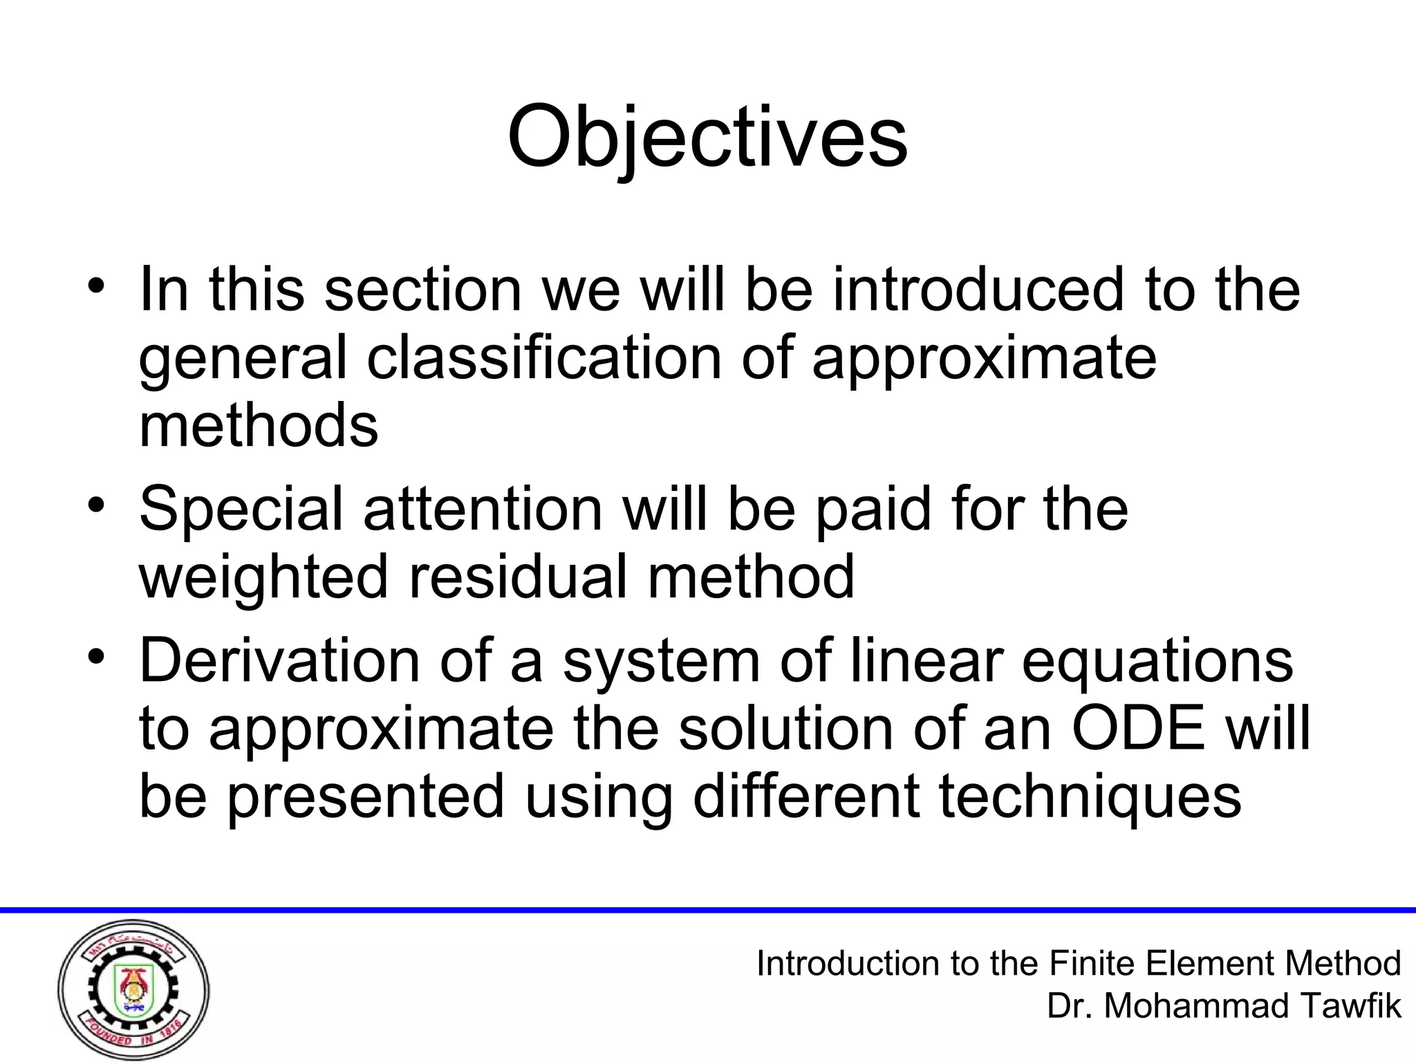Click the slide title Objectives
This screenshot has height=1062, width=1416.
pyautogui.click(x=707, y=137)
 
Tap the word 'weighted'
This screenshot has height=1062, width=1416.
pyautogui.click(x=263, y=577)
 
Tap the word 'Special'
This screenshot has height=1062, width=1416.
pyautogui.click(x=241, y=510)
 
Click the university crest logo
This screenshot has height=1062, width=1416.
pyautogui.click(x=133, y=989)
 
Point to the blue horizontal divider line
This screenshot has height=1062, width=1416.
pyautogui.click(x=708, y=910)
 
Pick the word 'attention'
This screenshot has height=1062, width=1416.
pyautogui.click(x=483, y=508)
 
